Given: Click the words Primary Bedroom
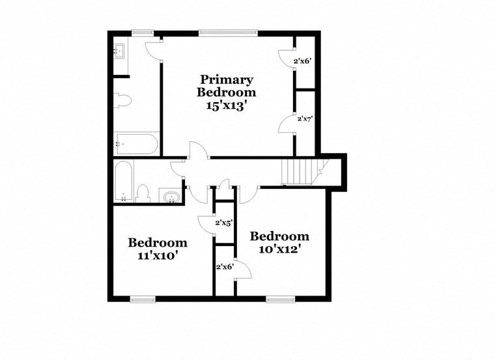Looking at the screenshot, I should [226, 86].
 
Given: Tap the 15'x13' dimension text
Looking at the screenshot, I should [226, 106].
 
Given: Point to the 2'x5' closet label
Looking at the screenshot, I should [225, 223].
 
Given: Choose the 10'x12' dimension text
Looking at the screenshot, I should [279, 249].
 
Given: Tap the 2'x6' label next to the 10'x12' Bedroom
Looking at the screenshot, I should [225, 266].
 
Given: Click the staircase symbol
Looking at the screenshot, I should [298, 173].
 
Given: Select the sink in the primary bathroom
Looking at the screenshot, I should [119, 51].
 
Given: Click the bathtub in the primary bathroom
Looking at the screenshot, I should [136, 143].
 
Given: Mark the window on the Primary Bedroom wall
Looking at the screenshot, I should [227, 32].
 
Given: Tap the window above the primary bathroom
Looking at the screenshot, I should [142, 32].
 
